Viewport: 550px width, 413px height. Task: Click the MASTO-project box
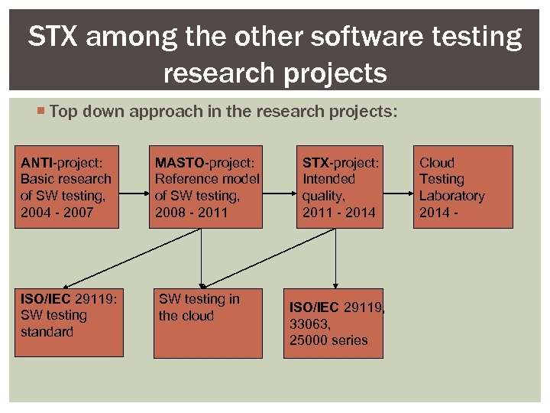[205, 187]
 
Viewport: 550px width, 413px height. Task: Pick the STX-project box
[340, 187]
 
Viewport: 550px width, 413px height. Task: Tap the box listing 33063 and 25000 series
[333, 323]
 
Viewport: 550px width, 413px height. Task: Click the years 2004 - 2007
[57, 212]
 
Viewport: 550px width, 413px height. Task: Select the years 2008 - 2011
[191, 212]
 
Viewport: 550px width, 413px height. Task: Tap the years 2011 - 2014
[339, 212]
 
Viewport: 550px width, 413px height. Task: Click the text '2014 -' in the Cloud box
[438, 212]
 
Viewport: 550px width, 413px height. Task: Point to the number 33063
[309, 324]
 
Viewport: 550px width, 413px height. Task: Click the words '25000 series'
[328, 340]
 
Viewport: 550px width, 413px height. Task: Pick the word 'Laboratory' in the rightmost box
[451, 196]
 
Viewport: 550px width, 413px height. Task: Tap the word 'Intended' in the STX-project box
[328, 179]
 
